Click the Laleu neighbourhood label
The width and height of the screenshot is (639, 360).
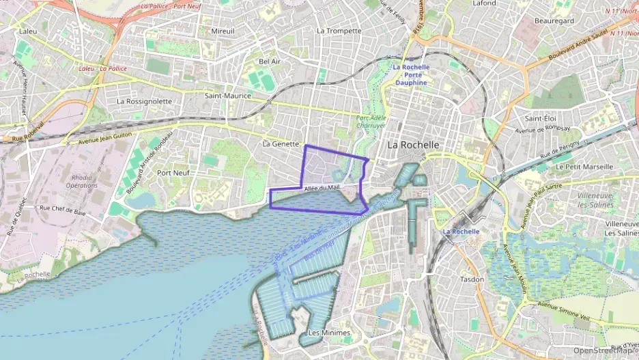[28, 31]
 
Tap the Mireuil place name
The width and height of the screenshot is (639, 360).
[223, 31]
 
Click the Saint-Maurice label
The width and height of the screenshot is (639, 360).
[228, 96]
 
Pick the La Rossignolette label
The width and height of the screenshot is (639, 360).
[144, 100]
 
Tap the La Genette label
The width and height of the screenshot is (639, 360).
[281, 143]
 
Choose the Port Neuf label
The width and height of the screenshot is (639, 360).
[173, 173]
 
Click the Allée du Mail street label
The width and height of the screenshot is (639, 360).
[322, 187]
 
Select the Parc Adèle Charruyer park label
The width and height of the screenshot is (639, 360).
[372, 122]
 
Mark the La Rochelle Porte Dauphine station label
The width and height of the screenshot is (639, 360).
[411, 74]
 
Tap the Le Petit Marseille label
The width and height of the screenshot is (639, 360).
[584, 165]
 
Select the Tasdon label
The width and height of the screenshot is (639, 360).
[472, 279]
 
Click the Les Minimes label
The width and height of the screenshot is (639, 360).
[328, 333]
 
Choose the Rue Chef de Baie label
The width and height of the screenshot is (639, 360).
[63, 209]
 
